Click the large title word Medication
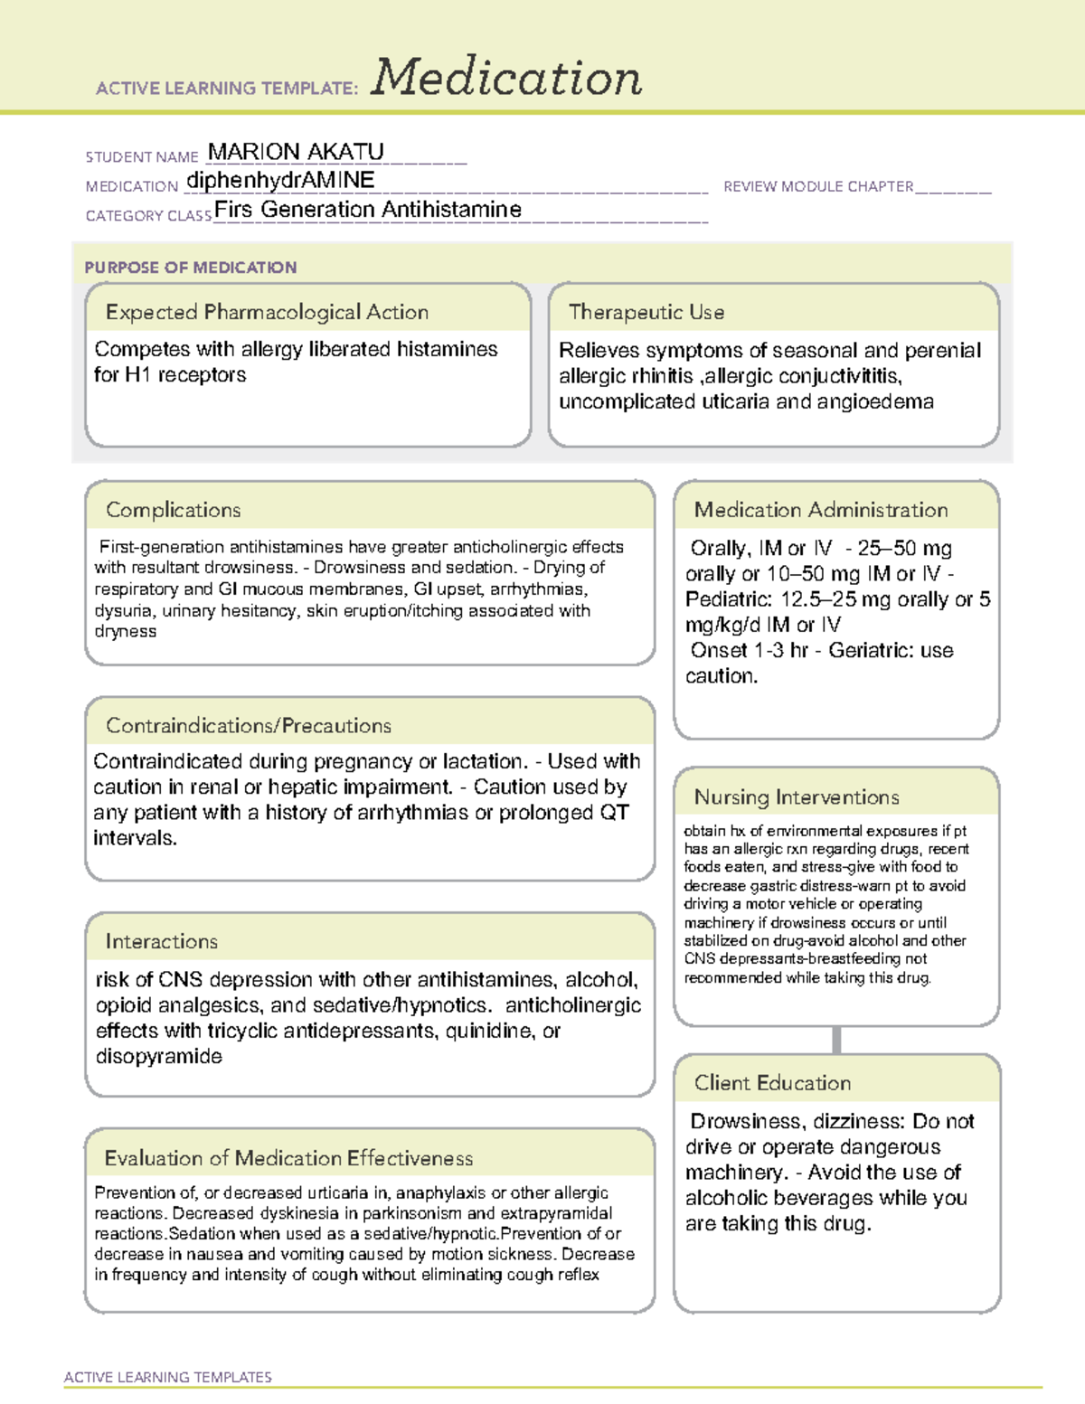tap(506, 78)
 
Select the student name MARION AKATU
tap(296, 152)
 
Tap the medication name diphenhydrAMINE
tap(280, 181)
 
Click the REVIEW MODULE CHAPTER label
tap(818, 186)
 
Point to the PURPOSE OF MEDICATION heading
tap(191, 268)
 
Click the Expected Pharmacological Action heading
tap(267, 312)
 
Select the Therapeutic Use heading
tap(646, 312)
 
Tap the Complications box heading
tap(174, 510)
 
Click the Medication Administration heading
tap(821, 510)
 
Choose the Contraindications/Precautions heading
tap(249, 725)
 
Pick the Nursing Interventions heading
tap(797, 796)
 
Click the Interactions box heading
tap(162, 941)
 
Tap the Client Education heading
tap(773, 1082)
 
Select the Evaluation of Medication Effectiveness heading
tap(288, 1158)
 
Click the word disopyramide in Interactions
tap(159, 1056)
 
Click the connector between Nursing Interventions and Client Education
tap(836, 1040)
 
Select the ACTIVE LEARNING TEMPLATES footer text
tap(168, 1377)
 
